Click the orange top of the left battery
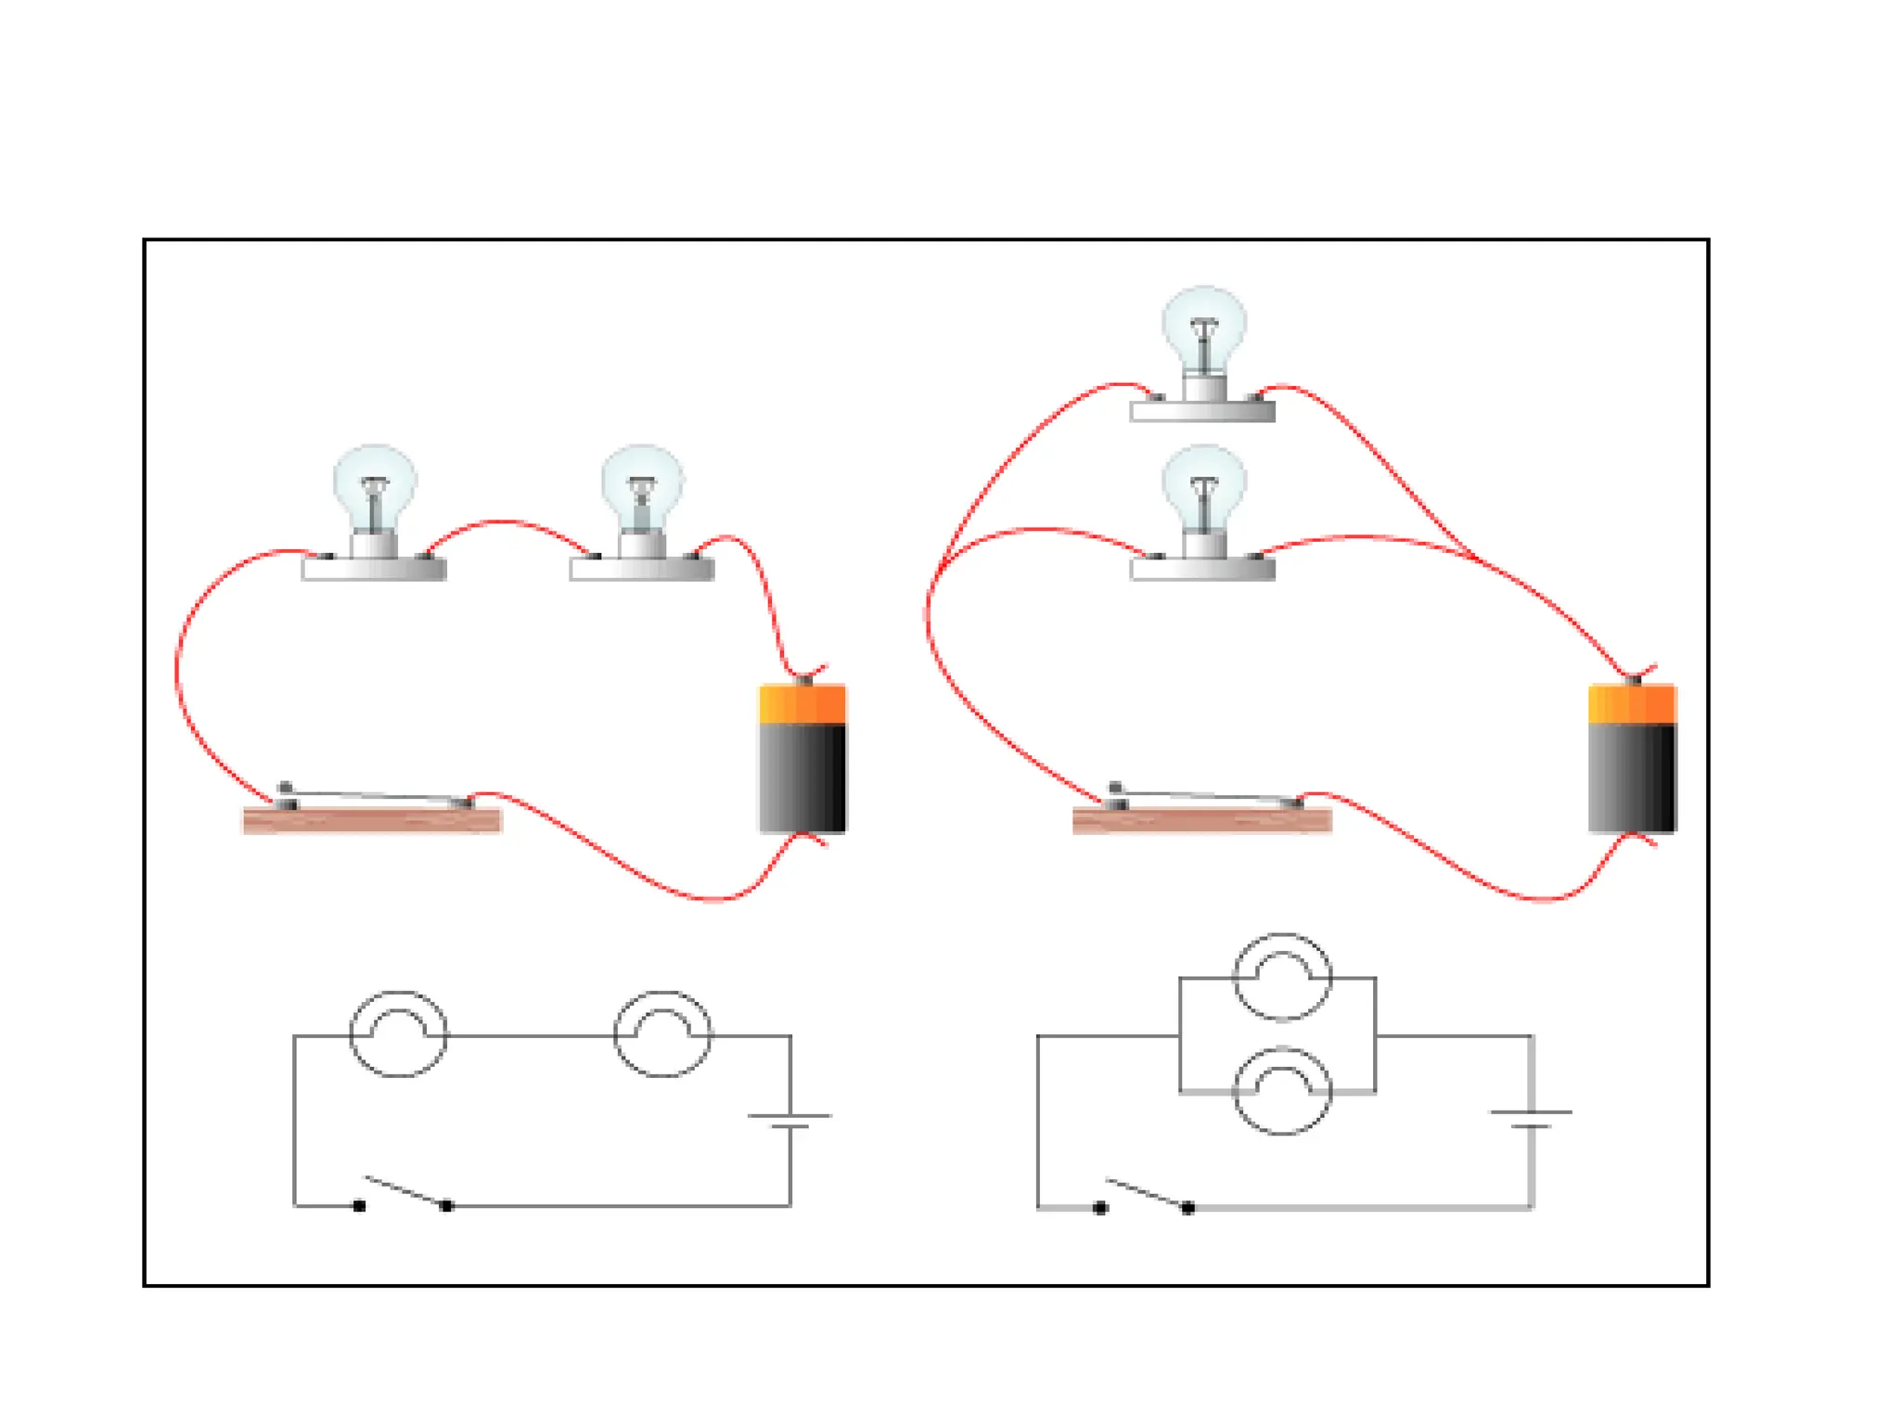pos(802,704)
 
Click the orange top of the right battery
pos(1633,704)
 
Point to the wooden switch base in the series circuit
pos(372,821)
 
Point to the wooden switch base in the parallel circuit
pos(1202,821)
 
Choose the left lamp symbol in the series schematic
pos(398,1033)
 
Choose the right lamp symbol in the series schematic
pos(663,1033)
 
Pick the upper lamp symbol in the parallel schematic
pos(1282,977)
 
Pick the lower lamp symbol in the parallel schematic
pos(1282,1091)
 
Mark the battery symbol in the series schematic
pos(790,1121)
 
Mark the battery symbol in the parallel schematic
pos(1531,1119)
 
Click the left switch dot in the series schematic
pos(359,1206)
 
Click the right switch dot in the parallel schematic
pos(1187,1208)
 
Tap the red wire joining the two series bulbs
pos(506,524)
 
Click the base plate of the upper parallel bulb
pos(1202,412)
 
